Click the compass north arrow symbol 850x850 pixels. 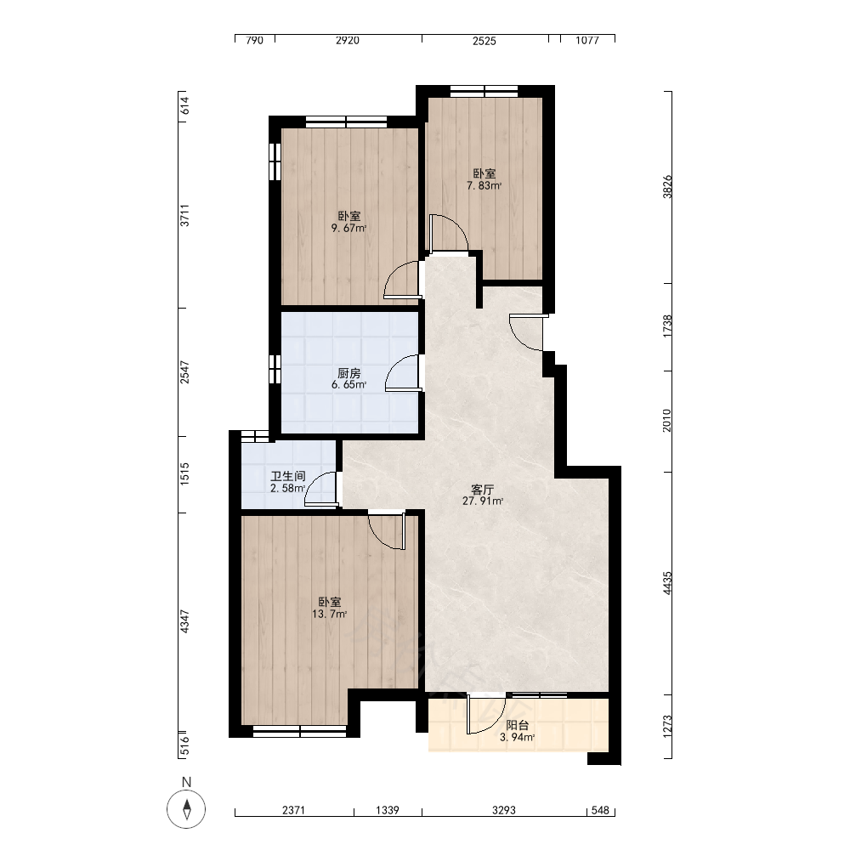click(x=186, y=809)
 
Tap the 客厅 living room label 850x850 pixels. click(x=483, y=490)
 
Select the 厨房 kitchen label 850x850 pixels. click(x=349, y=373)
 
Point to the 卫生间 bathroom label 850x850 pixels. click(x=288, y=477)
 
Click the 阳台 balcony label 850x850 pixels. click(x=517, y=725)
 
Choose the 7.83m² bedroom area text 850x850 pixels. click(x=484, y=185)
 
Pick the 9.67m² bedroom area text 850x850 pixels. click(x=349, y=228)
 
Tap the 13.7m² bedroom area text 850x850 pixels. click(x=330, y=615)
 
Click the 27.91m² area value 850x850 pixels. click(x=483, y=501)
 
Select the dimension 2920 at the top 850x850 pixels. click(x=348, y=41)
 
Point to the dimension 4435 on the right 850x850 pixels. click(x=667, y=583)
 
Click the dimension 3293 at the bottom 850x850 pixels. click(x=504, y=810)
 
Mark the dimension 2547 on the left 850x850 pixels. click(x=184, y=372)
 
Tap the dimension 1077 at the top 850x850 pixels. click(x=587, y=41)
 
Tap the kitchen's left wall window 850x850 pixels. click(x=275, y=370)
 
